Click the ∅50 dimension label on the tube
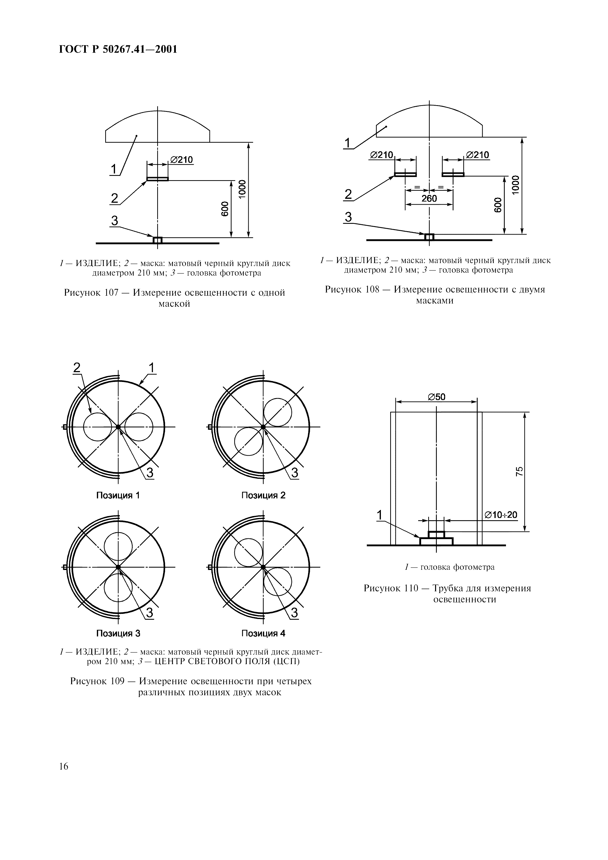(x=436, y=397)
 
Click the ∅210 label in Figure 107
(x=182, y=160)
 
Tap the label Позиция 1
(x=118, y=495)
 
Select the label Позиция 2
(x=263, y=495)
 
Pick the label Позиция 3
(x=118, y=633)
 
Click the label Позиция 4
(x=263, y=633)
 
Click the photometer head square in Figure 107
(x=157, y=240)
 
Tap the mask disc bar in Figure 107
(x=157, y=179)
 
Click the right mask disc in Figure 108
(x=453, y=174)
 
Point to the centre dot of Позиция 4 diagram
(x=263, y=567)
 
